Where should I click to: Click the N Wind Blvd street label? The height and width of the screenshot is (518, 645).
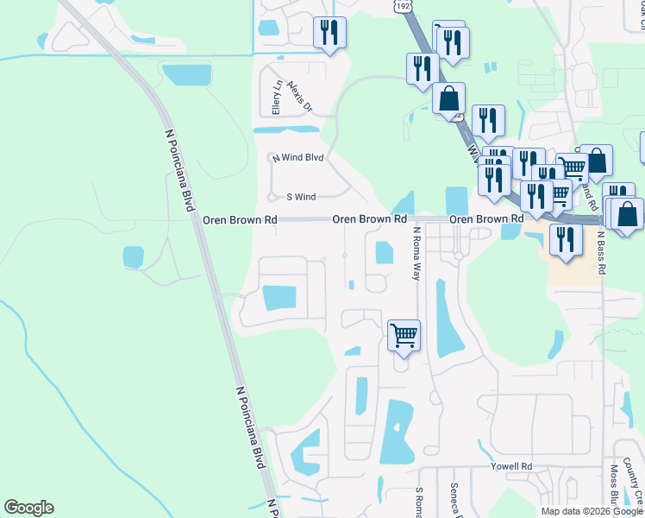[x=297, y=158]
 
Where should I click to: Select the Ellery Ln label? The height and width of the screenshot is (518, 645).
[x=277, y=98]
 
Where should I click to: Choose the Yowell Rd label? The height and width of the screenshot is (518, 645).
[x=512, y=466]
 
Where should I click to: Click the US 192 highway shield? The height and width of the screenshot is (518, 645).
[x=402, y=6]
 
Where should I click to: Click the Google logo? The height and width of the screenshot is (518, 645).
[x=28, y=508]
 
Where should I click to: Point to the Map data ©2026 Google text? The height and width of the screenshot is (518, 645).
[x=591, y=511]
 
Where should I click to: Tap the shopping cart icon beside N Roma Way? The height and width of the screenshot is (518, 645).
[x=404, y=334]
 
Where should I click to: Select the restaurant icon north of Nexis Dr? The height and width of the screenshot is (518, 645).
[x=329, y=32]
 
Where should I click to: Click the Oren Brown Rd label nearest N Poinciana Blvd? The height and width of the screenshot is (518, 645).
[x=240, y=220]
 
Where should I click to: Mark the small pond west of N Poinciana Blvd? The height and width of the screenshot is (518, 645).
[x=133, y=256]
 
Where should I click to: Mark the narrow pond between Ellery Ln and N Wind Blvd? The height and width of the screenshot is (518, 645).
[x=285, y=130]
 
